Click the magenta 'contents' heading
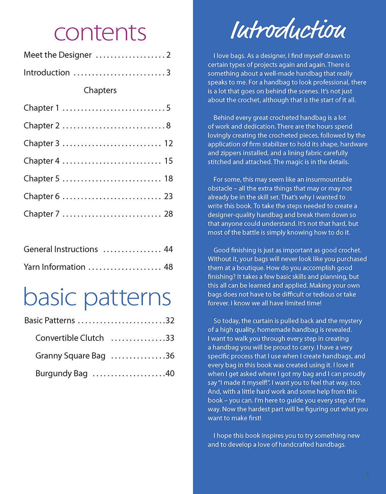click(x=100, y=33)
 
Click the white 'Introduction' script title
click(x=288, y=30)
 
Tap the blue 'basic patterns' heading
click(x=97, y=297)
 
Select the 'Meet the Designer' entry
click(x=57, y=55)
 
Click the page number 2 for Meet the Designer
click(x=168, y=55)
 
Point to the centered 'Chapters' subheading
click(x=100, y=90)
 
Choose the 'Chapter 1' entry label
click(x=41, y=108)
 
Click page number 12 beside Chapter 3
click(x=168, y=143)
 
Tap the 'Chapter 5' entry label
click(x=41, y=179)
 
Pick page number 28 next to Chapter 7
click(x=168, y=214)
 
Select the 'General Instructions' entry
click(x=61, y=249)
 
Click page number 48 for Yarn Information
click(x=168, y=267)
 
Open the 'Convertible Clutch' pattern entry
click(x=70, y=338)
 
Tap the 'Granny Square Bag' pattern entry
click(x=70, y=356)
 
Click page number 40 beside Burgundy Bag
click(x=170, y=374)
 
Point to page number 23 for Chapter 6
click(x=168, y=196)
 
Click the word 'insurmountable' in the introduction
click(x=329, y=179)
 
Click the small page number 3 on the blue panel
click(x=367, y=475)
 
